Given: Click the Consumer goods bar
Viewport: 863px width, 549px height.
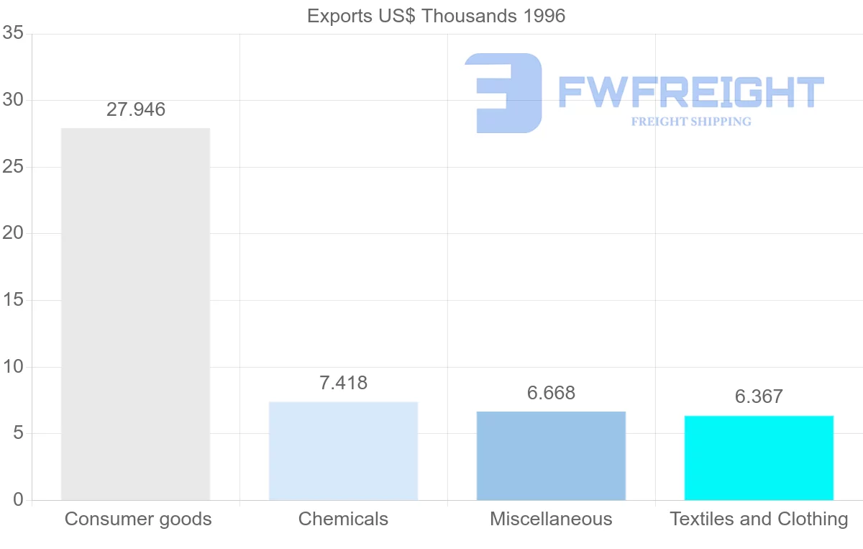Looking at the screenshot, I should (135, 314).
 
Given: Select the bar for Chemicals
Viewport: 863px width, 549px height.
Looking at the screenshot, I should (343, 450).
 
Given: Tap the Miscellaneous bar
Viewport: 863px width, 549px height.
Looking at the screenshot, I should (551, 455).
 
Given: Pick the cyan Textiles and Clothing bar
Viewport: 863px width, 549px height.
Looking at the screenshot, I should (759, 458).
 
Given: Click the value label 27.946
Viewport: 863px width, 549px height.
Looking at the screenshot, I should (136, 110).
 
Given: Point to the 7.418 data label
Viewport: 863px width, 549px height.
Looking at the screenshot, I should (343, 384).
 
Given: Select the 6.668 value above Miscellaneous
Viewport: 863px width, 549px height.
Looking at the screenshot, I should (551, 394).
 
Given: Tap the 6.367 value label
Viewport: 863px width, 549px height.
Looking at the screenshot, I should (759, 396).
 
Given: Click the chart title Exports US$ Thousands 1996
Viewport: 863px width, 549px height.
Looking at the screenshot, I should (436, 16).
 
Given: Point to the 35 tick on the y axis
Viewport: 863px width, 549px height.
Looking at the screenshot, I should (14, 34).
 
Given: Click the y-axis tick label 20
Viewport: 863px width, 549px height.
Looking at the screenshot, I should (14, 234).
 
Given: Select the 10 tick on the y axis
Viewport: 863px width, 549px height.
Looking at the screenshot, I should (14, 367).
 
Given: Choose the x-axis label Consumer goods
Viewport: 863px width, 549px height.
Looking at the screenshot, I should (138, 519).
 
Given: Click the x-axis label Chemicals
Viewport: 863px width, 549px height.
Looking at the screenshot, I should (343, 519).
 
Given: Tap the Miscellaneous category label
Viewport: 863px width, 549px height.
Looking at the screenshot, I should (551, 519).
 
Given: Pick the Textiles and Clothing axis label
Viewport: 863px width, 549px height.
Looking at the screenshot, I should (759, 519).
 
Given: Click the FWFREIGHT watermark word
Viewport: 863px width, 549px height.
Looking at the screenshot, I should (691, 93).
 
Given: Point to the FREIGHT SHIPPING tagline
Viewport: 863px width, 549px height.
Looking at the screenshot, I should (691, 122).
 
